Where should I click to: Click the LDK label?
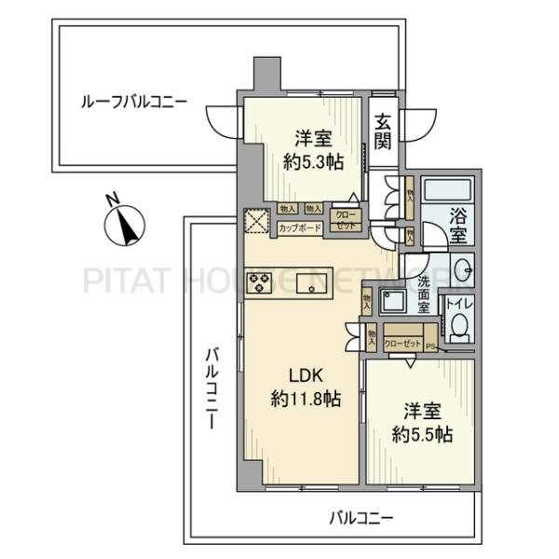click(x=305, y=377)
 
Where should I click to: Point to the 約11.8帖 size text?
click(x=305, y=400)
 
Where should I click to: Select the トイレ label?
click(x=457, y=302)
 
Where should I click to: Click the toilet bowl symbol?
click(x=457, y=325)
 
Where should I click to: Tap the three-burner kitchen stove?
click(x=259, y=282)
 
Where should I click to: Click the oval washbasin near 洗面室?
click(x=462, y=271)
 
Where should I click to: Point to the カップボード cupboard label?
click(x=299, y=227)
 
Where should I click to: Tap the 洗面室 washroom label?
click(x=425, y=293)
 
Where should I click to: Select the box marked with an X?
click(x=256, y=222)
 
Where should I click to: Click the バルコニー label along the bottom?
click(x=362, y=517)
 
